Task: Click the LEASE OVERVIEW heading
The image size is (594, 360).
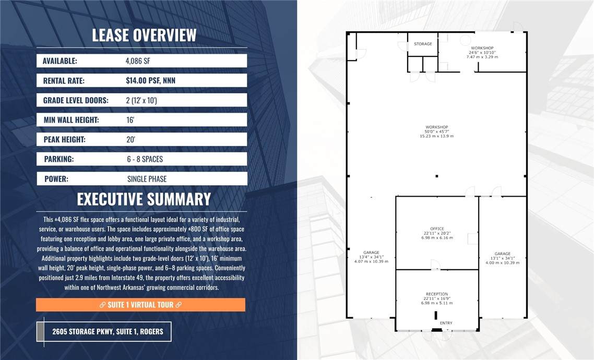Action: tap(144, 35)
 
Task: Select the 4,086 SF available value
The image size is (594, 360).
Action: tap(138, 61)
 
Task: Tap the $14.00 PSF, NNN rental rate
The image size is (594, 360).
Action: tap(150, 81)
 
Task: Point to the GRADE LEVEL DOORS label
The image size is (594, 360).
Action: tap(76, 100)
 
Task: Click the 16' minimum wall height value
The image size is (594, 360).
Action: tap(130, 120)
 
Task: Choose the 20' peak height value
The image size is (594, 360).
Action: tap(130, 140)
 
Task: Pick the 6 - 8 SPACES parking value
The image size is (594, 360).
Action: tap(145, 159)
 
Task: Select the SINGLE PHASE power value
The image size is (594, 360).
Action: tap(147, 179)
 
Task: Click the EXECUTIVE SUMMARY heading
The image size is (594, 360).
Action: tap(144, 199)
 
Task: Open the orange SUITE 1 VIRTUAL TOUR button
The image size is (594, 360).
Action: tap(140, 305)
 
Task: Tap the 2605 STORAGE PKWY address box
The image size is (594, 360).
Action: tap(104, 332)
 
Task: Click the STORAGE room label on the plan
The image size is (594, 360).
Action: tap(423, 44)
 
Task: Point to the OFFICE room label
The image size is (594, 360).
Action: tap(437, 229)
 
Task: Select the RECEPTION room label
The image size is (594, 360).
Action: tap(437, 294)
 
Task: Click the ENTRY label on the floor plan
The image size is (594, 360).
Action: tap(446, 323)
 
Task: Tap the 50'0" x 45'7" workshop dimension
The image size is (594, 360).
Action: tap(437, 131)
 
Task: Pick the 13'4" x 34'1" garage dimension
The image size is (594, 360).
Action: tap(371, 257)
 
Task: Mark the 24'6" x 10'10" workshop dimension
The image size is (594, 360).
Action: tap(482, 53)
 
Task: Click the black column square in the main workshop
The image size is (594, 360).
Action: tap(437, 176)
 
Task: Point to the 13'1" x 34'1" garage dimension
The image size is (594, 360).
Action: tap(503, 258)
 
